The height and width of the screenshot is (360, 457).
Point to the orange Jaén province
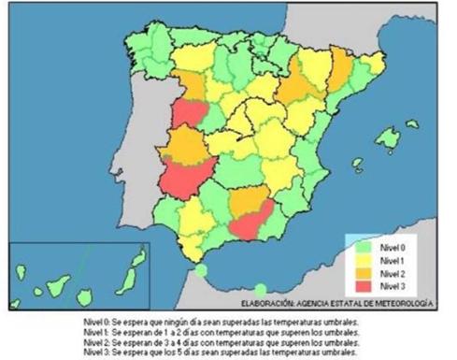[251, 200]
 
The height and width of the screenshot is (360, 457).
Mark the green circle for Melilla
[261, 289]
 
